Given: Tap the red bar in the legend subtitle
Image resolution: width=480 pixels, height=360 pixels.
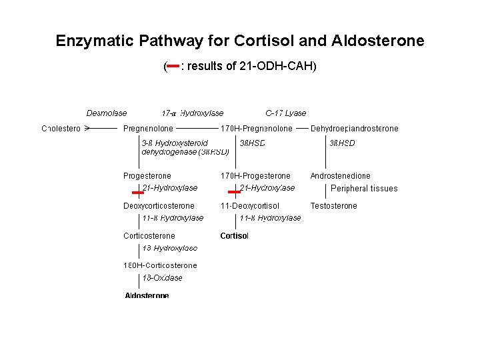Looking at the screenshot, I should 172,66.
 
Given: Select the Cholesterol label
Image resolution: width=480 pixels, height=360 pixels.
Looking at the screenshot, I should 61,128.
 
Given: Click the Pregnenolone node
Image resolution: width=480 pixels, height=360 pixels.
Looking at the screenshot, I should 148,128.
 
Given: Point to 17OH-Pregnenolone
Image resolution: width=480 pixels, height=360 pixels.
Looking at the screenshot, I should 257,128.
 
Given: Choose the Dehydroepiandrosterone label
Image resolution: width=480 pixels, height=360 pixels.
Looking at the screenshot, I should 354,128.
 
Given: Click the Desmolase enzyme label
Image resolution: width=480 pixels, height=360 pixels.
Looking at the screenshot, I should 107,113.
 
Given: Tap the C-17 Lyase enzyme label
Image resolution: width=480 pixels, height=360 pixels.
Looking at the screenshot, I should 285,113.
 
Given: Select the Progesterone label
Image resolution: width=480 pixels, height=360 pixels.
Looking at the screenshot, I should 147,176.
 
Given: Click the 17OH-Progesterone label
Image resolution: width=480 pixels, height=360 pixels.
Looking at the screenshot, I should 255,176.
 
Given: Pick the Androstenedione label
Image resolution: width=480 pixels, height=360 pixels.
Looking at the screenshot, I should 340,176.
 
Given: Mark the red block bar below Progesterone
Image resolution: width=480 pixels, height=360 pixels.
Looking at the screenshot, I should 138,193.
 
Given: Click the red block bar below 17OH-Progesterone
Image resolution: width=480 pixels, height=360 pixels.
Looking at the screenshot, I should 234,193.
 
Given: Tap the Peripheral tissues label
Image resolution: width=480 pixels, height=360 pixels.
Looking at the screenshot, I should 364,189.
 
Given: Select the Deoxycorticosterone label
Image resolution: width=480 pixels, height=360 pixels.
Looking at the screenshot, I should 159,206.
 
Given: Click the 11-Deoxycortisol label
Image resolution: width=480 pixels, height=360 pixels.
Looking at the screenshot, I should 250,206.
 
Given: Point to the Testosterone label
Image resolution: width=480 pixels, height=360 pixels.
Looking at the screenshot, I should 333,206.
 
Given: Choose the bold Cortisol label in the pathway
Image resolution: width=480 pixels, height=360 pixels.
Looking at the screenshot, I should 234,236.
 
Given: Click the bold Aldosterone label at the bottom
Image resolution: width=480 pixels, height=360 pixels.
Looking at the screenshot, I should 147,295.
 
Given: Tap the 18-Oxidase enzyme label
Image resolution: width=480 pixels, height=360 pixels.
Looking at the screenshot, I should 162,278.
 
